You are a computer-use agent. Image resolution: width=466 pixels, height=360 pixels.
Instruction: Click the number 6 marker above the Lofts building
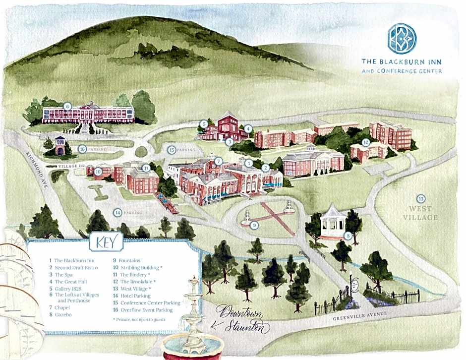coord(67,106)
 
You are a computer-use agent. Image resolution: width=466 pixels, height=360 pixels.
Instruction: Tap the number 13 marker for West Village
coord(421,199)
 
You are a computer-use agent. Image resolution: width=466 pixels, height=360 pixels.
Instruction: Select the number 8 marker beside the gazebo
coord(349,236)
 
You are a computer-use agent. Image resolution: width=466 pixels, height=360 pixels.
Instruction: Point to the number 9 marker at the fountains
coord(254,225)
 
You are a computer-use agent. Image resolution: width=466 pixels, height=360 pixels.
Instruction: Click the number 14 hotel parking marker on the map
coord(118,212)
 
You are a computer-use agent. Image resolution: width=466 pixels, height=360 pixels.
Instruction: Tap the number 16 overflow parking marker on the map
coord(83,148)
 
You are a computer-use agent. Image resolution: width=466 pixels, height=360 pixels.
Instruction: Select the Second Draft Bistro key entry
coord(78,267)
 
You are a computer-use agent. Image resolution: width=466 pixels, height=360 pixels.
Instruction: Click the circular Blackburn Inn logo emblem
coord(402,38)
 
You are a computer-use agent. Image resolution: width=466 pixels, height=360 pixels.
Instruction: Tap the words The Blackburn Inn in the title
coord(402,61)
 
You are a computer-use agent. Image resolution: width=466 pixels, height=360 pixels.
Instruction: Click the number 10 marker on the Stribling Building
coord(98,171)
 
